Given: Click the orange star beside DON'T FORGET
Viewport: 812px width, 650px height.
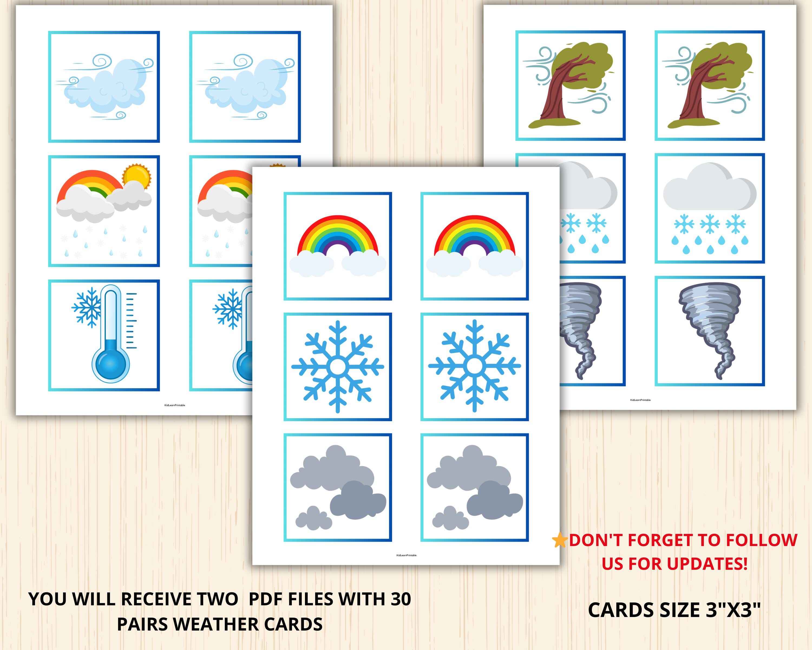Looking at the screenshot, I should click(x=560, y=540).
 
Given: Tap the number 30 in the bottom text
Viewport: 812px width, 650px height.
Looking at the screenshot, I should click(x=400, y=599).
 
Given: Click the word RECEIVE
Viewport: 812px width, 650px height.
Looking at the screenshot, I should click(x=160, y=599).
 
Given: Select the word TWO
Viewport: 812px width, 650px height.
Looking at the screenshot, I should click(x=219, y=599).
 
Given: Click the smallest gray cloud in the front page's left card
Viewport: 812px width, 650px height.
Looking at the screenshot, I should click(x=313, y=518).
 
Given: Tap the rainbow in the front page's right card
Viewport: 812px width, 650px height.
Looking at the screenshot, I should click(x=474, y=236).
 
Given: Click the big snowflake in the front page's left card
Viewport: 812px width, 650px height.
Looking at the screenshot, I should click(x=338, y=366).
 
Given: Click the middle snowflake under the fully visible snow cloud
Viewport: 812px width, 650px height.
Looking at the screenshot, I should click(x=710, y=224).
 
